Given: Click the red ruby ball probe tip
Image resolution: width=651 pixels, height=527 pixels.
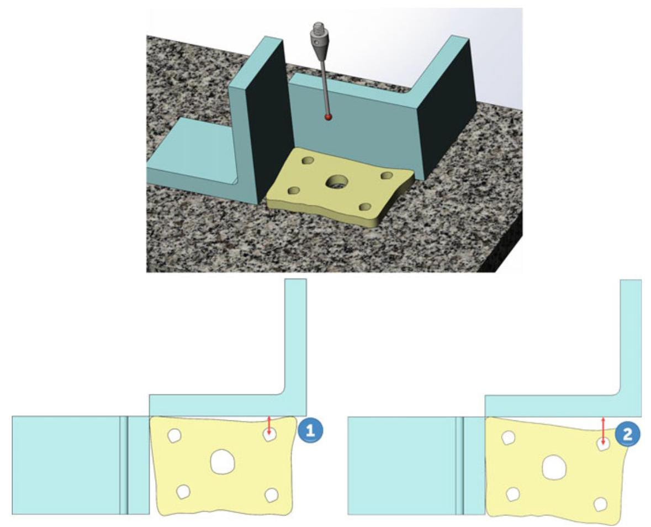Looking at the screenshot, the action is (329, 118).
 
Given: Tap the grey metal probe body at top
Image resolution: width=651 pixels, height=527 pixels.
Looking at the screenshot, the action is (319, 40).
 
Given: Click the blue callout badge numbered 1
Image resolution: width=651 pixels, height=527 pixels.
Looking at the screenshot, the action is (310, 431).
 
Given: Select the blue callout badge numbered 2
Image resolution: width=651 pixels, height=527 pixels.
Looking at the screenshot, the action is (627, 434).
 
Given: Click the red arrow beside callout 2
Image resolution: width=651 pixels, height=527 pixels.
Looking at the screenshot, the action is (604, 431).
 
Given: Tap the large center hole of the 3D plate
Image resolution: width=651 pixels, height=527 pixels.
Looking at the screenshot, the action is (337, 181).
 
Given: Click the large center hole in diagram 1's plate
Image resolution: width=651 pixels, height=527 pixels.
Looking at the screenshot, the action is (223, 461).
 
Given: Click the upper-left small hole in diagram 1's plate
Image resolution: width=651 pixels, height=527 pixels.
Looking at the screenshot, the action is (174, 435).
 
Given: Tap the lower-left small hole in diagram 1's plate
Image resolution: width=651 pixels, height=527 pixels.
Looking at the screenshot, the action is (183, 492).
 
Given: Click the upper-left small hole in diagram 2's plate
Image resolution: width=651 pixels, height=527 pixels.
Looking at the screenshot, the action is (508, 438).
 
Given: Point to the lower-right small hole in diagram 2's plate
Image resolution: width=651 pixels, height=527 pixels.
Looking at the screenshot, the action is (600, 504).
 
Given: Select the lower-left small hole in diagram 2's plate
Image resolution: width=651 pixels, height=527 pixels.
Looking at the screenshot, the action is (513, 494).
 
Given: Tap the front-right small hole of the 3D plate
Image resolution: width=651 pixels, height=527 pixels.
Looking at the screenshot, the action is (366, 207).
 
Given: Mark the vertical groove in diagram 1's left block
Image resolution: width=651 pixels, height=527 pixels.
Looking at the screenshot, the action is (124, 465).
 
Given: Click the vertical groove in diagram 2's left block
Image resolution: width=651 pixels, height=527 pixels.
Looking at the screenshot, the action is (459, 466).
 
